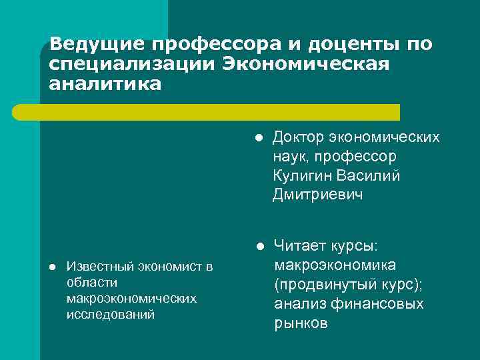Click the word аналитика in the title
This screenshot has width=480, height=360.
[105, 85]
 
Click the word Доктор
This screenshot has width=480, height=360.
[298, 138]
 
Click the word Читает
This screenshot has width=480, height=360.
[299, 247]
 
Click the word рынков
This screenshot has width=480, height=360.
[301, 324]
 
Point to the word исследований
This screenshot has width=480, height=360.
[111, 313]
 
